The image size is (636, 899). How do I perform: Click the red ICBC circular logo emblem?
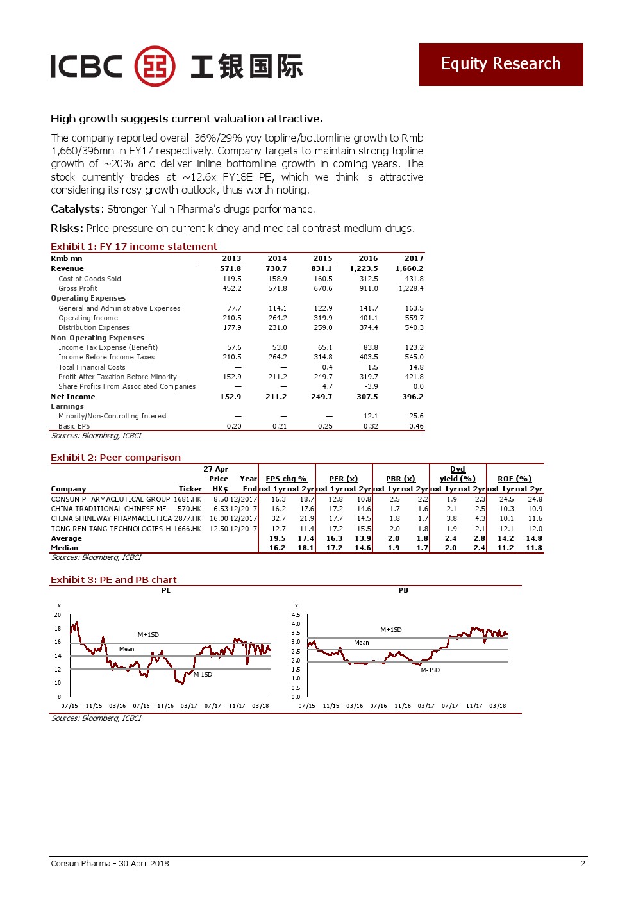pos(155,66)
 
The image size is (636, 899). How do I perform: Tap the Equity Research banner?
pos(501,64)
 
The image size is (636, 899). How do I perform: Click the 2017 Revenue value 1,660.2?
pos(409,268)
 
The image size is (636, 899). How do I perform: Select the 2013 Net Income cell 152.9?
pos(230,397)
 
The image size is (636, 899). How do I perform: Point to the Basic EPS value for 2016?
pos(370,426)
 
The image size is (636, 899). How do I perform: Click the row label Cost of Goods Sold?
pos(89,279)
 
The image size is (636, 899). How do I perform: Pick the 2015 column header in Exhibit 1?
pos(322,258)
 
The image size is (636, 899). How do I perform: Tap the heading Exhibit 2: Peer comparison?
pos(115,458)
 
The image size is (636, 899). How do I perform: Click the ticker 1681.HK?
pos(187,499)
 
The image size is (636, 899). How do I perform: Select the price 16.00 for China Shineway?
pos(219,518)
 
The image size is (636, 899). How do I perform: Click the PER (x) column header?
pos(343,479)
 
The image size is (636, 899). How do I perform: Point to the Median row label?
pos(64,548)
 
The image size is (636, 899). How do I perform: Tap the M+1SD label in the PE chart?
pos(148,634)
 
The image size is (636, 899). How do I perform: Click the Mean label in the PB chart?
pos(362,643)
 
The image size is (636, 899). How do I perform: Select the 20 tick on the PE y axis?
pos(57,614)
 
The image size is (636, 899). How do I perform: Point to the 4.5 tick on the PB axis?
pos(296,614)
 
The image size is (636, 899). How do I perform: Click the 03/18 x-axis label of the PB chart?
pos(498,706)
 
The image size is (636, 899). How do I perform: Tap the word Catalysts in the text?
pos(75,209)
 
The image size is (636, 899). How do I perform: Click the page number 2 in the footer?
pos(583,863)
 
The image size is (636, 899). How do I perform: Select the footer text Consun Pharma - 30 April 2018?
pos(110,863)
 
